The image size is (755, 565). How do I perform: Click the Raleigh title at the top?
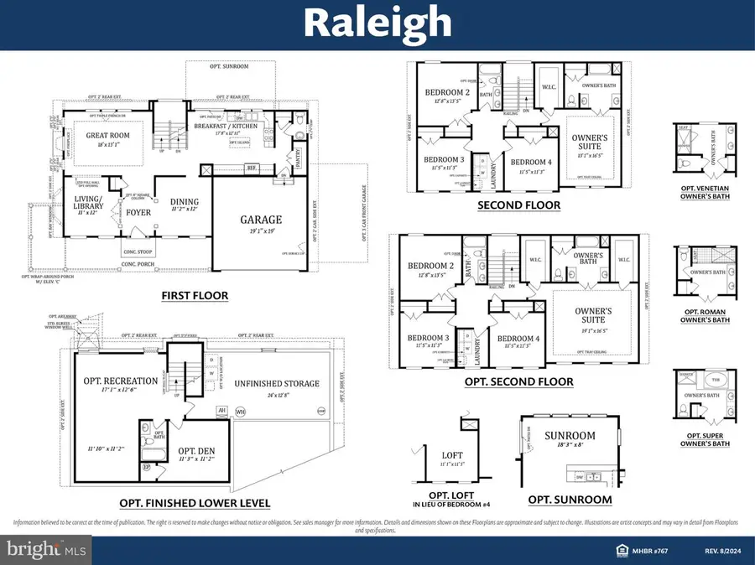point(377,23)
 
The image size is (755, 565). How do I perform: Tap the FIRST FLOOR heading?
point(195,295)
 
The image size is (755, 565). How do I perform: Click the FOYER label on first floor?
point(138,212)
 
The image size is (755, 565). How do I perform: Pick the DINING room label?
point(185,201)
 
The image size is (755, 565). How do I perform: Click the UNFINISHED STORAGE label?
point(278,384)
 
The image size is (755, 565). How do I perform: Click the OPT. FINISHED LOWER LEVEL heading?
point(195,504)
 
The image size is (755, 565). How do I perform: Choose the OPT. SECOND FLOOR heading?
point(519,381)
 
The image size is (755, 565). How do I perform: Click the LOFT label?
point(451,455)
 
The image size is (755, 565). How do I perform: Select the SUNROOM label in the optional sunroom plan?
point(570,436)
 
